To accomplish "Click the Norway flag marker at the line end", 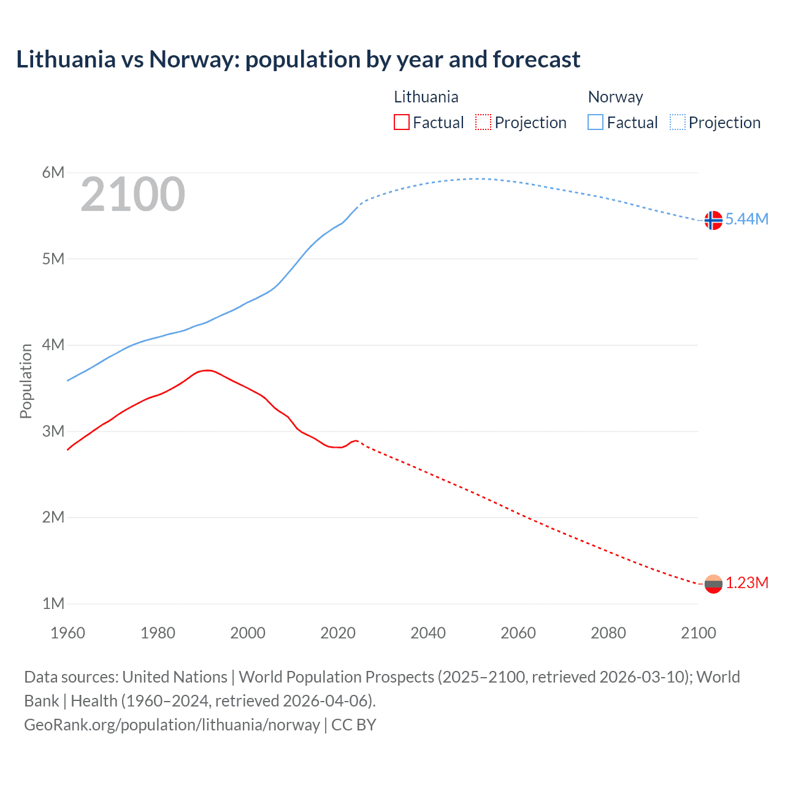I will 713,220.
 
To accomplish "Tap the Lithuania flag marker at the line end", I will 713,584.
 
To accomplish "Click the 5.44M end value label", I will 746,220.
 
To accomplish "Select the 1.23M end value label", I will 746,583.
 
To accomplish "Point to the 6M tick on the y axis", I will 53,172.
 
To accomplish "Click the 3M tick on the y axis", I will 53,431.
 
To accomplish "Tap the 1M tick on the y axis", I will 53,603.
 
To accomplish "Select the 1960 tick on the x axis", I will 67,633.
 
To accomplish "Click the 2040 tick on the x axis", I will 428,633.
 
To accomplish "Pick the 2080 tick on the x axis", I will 608,633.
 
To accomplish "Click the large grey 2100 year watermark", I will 132,194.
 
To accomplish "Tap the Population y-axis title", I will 26,381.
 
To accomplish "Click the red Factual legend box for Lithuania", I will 401,123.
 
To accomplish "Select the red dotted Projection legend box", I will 483,123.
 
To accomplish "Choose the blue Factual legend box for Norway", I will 595,123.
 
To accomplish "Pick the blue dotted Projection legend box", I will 678,123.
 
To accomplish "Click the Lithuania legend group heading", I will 426,97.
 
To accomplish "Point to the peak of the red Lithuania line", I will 207,370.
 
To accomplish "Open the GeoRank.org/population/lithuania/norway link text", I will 172,725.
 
